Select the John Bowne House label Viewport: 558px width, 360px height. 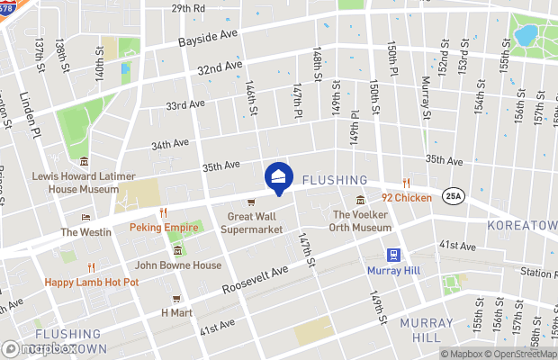[177, 265]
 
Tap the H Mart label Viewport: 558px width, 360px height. [176, 312]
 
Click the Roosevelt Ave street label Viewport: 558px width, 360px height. [256, 281]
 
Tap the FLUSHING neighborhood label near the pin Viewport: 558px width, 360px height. [335, 180]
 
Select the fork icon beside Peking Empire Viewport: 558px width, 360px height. [164, 213]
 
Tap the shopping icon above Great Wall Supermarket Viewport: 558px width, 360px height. [251, 202]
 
